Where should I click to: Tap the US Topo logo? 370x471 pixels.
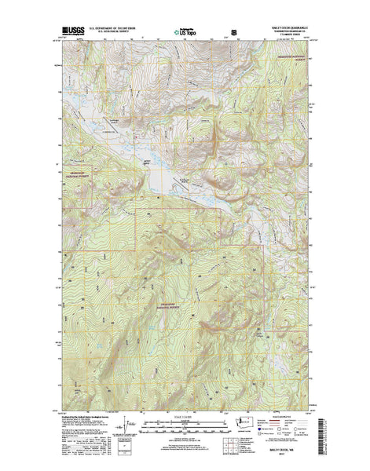[x=185, y=33]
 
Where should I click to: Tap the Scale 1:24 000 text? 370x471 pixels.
[x=183, y=412]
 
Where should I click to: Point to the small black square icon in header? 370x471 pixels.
[x=233, y=32]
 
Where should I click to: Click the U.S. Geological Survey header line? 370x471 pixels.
[x=118, y=35]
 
